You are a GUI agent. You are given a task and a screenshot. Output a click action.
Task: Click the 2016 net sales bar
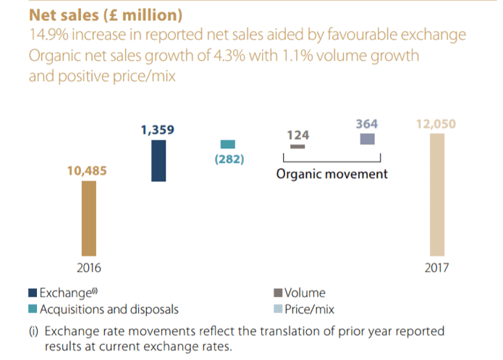(x=88, y=217)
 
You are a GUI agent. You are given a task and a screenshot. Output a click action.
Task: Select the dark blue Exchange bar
(x=158, y=161)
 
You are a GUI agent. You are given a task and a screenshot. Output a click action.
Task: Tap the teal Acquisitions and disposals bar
(x=228, y=144)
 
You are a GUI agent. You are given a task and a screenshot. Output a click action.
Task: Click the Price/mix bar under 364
(x=367, y=139)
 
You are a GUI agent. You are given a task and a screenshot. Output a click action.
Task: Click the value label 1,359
(x=158, y=130)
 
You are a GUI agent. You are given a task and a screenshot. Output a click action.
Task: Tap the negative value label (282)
(x=229, y=159)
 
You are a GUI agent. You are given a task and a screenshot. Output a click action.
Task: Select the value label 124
(x=298, y=134)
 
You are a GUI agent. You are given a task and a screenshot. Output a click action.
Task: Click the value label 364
(x=367, y=124)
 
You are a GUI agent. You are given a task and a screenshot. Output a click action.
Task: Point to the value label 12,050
(x=436, y=124)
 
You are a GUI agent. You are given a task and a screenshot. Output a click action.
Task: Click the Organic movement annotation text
(x=332, y=175)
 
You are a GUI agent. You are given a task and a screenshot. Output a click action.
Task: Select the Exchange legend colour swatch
(x=33, y=293)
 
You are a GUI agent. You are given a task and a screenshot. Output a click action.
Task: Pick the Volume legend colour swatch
(x=279, y=293)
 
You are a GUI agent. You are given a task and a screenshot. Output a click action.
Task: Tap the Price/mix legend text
(x=310, y=310)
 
